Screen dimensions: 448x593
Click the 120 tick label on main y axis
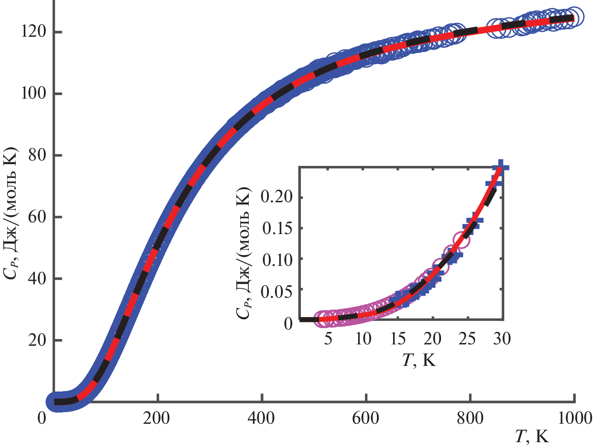(33, 32)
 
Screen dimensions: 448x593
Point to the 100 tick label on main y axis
(33, 94)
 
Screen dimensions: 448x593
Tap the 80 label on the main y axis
(37, 155)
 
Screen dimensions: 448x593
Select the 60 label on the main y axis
(37, 217)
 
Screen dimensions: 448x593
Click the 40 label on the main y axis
(37, 278)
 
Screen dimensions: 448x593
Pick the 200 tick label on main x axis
(157, 418)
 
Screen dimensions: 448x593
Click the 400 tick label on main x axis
(261, 418)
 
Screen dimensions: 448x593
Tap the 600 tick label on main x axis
(366, 418)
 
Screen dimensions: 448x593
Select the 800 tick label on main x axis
(470, 418)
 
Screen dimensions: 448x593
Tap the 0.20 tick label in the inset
(277, 197)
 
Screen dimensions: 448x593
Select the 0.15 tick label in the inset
(277, 228)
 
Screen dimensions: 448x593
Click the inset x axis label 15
(398, 339)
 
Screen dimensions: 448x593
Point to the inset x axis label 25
(467, 339)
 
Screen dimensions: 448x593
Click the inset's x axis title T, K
(419, 360)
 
